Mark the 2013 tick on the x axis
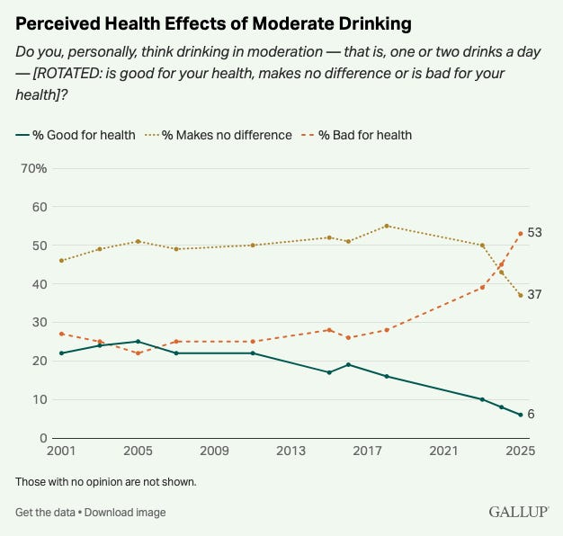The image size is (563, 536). pos(289,451)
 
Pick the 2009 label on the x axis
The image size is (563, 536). pos(213,451)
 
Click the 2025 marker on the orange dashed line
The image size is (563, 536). pos(520,234)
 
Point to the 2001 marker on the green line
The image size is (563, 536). pos(61,353)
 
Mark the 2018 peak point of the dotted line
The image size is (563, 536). pos(387,226)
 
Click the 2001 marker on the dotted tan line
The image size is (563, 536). pos(61,261)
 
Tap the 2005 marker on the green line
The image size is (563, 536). pos(138,342)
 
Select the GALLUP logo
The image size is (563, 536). pos(518,512)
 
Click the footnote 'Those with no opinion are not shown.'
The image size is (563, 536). pos(105,482)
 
